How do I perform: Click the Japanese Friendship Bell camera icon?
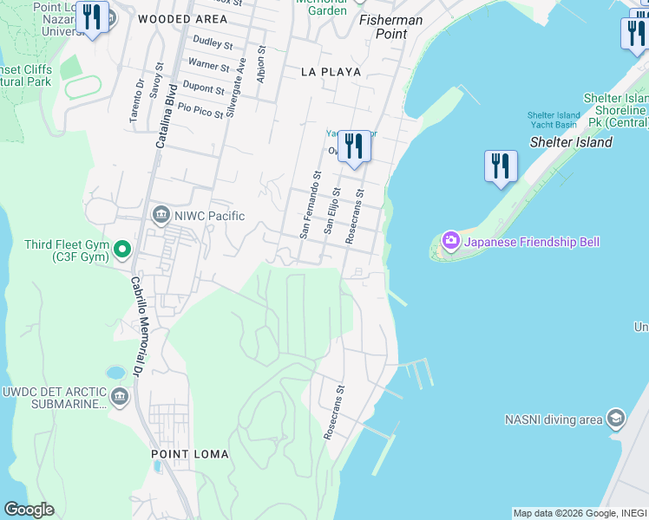click(450, 241)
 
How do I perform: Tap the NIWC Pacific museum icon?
click(161, 215)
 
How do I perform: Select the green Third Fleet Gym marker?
click(122, 250)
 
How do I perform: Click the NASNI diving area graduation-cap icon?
click(615, 419)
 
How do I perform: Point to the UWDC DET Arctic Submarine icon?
click(120, 398)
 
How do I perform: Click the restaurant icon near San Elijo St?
click(353, 146)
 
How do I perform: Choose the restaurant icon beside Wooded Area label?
click(91, 18)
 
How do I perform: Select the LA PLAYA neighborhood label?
click(331, 72)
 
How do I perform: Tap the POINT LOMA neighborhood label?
click(190, 454)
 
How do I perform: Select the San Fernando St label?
click(311, 204)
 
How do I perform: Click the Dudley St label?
click(213, 42)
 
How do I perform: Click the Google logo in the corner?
click(29, 510)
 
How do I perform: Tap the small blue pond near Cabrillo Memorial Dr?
click(115, 373)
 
